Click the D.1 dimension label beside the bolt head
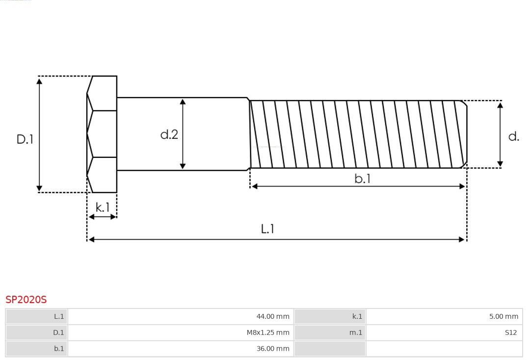(x=25, y=139)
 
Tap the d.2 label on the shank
(x=169, y=134)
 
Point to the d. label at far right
(x=513, y=136)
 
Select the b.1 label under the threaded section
(x=363, y=179)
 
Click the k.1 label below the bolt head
(x=103, y=207)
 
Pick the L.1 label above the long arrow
(x=267, y=229)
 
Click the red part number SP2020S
(x=26, y=300)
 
